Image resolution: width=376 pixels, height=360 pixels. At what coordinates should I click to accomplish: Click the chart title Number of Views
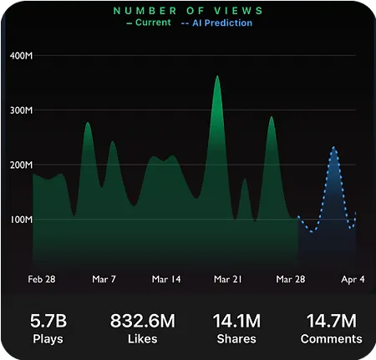tap(188, 11)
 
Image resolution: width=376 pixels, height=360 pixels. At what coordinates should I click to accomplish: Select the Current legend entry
tap(149, 23)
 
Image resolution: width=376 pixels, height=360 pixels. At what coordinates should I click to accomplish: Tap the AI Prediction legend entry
tap(216, 23)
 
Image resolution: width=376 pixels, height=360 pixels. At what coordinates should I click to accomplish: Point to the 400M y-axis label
tap(21, 56)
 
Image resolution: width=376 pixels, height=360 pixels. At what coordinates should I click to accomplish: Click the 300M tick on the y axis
tap(21, 110)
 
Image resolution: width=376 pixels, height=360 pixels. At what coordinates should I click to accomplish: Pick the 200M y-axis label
tap(21, 165)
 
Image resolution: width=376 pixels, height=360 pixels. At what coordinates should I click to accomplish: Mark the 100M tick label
tap(21, 220)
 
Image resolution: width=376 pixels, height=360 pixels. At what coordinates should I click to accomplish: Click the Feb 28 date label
tap(42, 279)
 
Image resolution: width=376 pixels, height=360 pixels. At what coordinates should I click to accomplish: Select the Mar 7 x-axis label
tap(104, 279)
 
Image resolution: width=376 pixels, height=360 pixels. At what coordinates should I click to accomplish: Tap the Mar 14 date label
tap(166, 279)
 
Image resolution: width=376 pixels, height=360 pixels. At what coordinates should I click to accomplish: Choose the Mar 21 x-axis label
tap(228, 279)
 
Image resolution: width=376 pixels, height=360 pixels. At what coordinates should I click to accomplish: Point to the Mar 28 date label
tap(291, 279)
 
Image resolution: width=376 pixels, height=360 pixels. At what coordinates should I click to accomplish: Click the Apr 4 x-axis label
tap(353, 279)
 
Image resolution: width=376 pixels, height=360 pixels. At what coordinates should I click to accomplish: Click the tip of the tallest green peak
tap(217, 75)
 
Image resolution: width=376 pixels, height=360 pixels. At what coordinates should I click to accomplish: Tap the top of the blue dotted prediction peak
tap(333, 147)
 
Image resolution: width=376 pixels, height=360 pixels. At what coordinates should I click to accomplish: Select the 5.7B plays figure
tap(48, 321)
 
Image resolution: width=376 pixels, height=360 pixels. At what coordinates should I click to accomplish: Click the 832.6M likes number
tap(143, 321)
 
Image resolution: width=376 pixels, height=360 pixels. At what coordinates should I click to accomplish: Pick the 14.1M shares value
tap(236, 321)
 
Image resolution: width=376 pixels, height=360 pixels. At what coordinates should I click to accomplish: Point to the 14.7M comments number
tap(332, 321)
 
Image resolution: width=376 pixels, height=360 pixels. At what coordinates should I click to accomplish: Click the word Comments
tap(332, 339)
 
